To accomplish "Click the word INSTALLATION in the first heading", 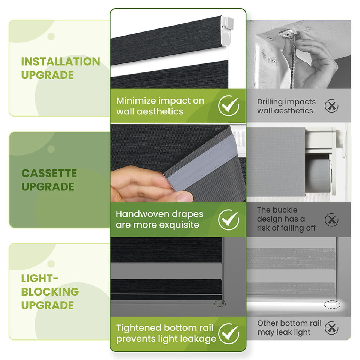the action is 61,61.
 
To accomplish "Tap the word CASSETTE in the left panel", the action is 49,173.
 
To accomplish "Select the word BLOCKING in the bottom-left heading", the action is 50,292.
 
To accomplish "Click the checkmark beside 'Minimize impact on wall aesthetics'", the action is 229,106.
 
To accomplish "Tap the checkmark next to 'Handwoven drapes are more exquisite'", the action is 229,220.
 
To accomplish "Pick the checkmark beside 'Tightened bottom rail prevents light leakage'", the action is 229,334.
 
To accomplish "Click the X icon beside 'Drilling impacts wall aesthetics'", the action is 332,106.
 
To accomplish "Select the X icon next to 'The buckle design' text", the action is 332,220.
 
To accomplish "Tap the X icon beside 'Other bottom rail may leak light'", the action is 332,328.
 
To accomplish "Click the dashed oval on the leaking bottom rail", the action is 332,304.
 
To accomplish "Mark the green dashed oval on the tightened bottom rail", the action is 220,303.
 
